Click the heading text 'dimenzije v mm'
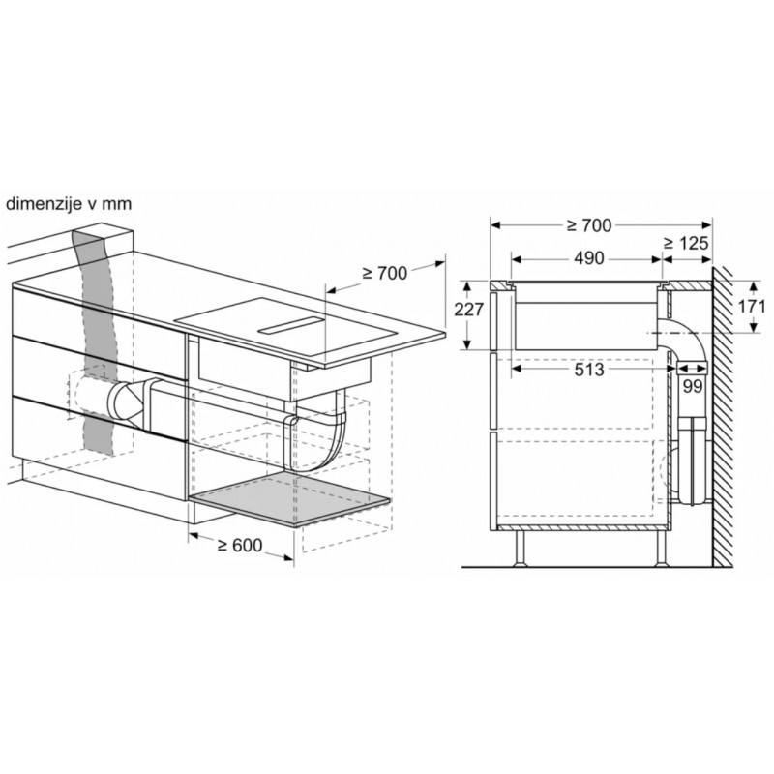(69, 204)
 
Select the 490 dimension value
(589, 258)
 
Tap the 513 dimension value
(589, 370)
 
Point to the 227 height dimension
(469, 310)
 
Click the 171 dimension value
(752, 307)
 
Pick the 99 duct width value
(693, 386)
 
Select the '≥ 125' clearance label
(686, 243)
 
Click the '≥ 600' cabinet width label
(240, 545)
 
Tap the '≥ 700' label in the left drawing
(384, 273)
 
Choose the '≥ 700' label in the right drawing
(589, 225)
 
